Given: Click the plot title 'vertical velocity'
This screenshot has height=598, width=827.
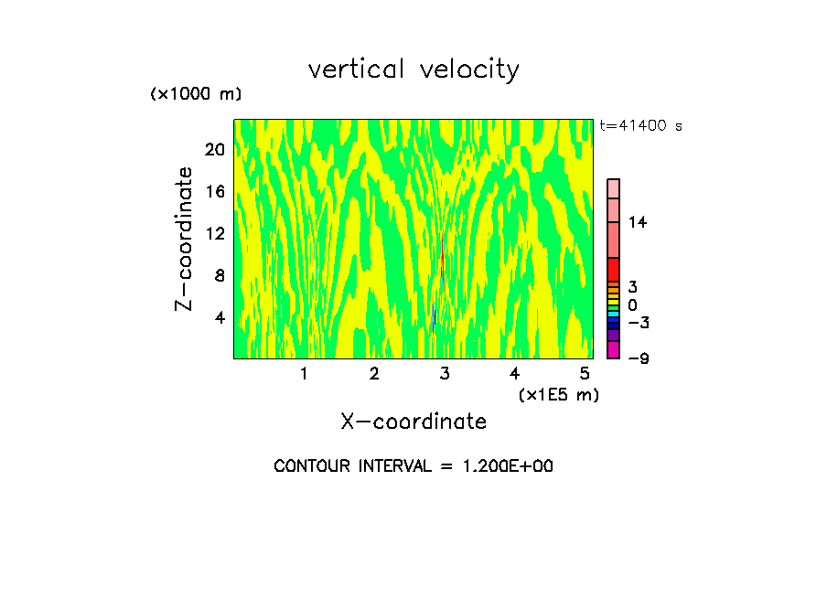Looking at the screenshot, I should (413, 69).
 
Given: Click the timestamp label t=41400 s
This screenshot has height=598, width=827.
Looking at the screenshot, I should (640, 126).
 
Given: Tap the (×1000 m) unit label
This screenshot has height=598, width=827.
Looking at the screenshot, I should (195, 94).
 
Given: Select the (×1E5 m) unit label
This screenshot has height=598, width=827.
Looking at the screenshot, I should (558, 394).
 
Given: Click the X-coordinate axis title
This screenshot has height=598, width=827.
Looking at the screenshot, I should (413, 422).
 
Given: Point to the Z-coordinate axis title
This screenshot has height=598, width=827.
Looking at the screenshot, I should (185, 239).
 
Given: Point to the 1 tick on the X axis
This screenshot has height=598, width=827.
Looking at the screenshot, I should (304, 373).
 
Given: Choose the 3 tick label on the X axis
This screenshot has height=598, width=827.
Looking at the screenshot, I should (444, 373).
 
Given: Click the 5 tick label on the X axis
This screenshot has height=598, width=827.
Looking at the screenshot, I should (585, 373).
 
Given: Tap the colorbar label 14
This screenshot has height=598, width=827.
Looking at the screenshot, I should (638, 222).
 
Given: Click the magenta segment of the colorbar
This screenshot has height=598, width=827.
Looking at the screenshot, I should (613, 349).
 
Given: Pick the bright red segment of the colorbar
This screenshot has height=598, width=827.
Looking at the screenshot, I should (613, 269).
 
